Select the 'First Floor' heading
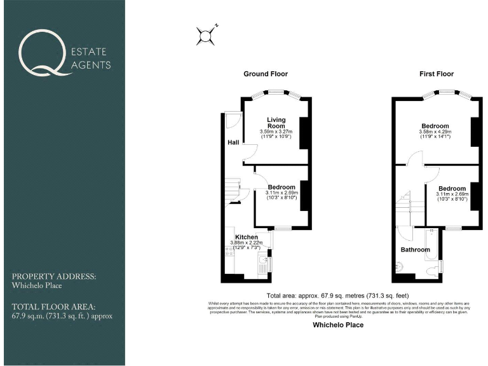pyautogui.click(x=435, y=74)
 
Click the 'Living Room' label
pyautogui.click(x=276, y=123)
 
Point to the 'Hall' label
pyautogui.click(x=233, y=143)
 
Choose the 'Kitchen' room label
pyautogui.click(x=247, y=236)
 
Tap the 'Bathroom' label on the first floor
pyautogui.click(x=414, y=250)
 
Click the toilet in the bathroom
pyautogui.click(x=433, y=271)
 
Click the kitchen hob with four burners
pyautogui.click(x=227, y=252)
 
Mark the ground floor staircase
pyautogui.click(x=232, y=189)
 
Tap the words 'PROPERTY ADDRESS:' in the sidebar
pyautogui.click(x=54, y=277)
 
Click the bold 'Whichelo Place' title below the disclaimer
pyautogui.click(x=338, y=325)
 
